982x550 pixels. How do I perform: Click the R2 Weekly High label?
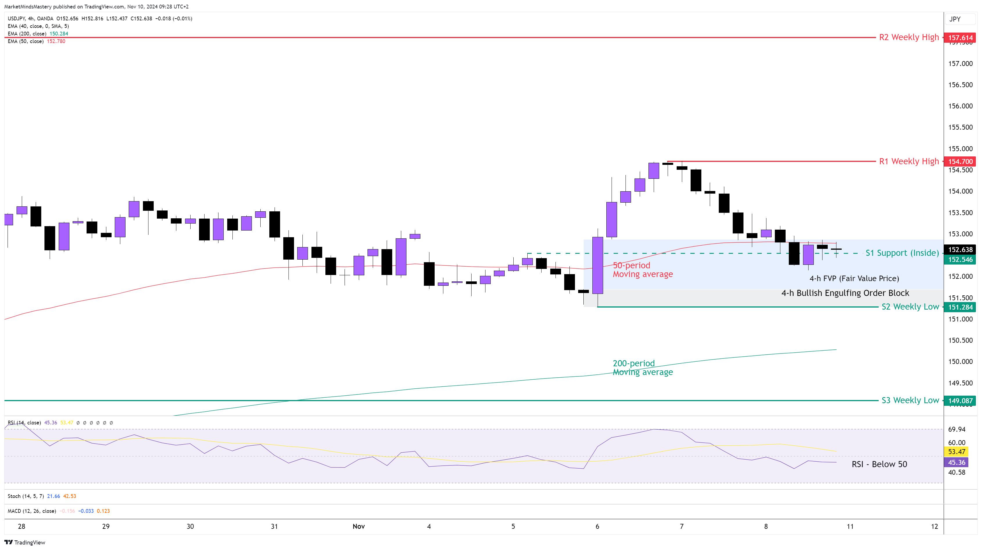(x=909, y=37)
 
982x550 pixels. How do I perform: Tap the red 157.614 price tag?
(x=960, y=38)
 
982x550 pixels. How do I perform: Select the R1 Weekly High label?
(x=909, y=161)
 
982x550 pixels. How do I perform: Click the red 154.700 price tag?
(x=960, y=162)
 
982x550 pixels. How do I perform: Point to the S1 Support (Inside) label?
(x=902, y=253)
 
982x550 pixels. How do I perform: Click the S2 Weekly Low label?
(x=910, y=307)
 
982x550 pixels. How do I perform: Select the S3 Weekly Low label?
(x=910, y=400)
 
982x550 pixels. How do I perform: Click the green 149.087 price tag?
(x=960, y=401)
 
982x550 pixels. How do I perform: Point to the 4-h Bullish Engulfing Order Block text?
(x=845, y=293)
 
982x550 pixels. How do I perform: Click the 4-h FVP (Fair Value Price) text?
(x=854, y=278)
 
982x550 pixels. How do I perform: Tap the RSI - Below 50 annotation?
(x=879, y=464)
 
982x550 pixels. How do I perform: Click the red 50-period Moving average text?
(x=643, y=270)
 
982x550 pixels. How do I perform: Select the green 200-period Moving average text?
(x=643, y=368)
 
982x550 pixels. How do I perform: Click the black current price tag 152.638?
(x=960, y=250)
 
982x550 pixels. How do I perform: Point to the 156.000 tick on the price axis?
(x=960, y=106)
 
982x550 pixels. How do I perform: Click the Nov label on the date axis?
(x=358, y=526)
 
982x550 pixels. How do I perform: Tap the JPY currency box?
(x=955, y=19)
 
